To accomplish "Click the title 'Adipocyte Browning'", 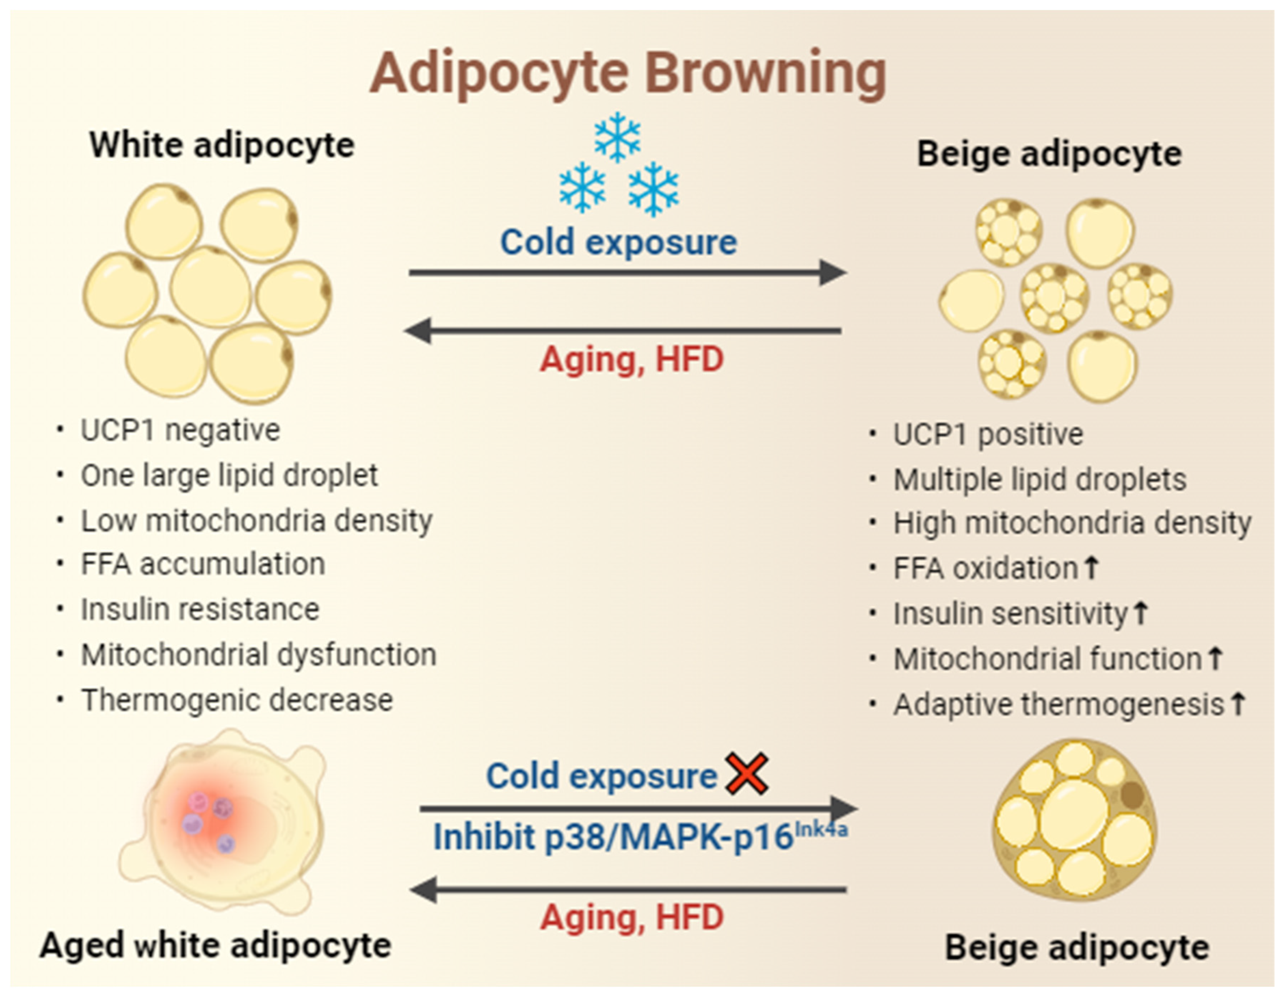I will click(x=628, y=73).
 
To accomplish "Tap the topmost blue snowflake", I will click(x=617, y=137).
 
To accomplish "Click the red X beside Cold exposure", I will click(x=747, y=774).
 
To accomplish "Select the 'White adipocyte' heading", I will click(x=222, y=144).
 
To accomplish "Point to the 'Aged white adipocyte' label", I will click(x=215, y=945).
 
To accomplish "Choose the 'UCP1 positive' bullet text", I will click(x=988, y=434).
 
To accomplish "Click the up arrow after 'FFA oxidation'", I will click(x=1091, y=567).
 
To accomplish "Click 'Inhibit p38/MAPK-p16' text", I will click(x=613, y=837).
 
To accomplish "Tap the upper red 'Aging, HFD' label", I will click(x=631, y=359).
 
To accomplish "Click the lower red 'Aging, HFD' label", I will click(x=631, y=917).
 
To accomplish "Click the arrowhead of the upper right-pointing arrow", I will click(x=833, y=272).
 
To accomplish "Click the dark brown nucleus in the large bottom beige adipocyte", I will click(x=1132, y=796).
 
